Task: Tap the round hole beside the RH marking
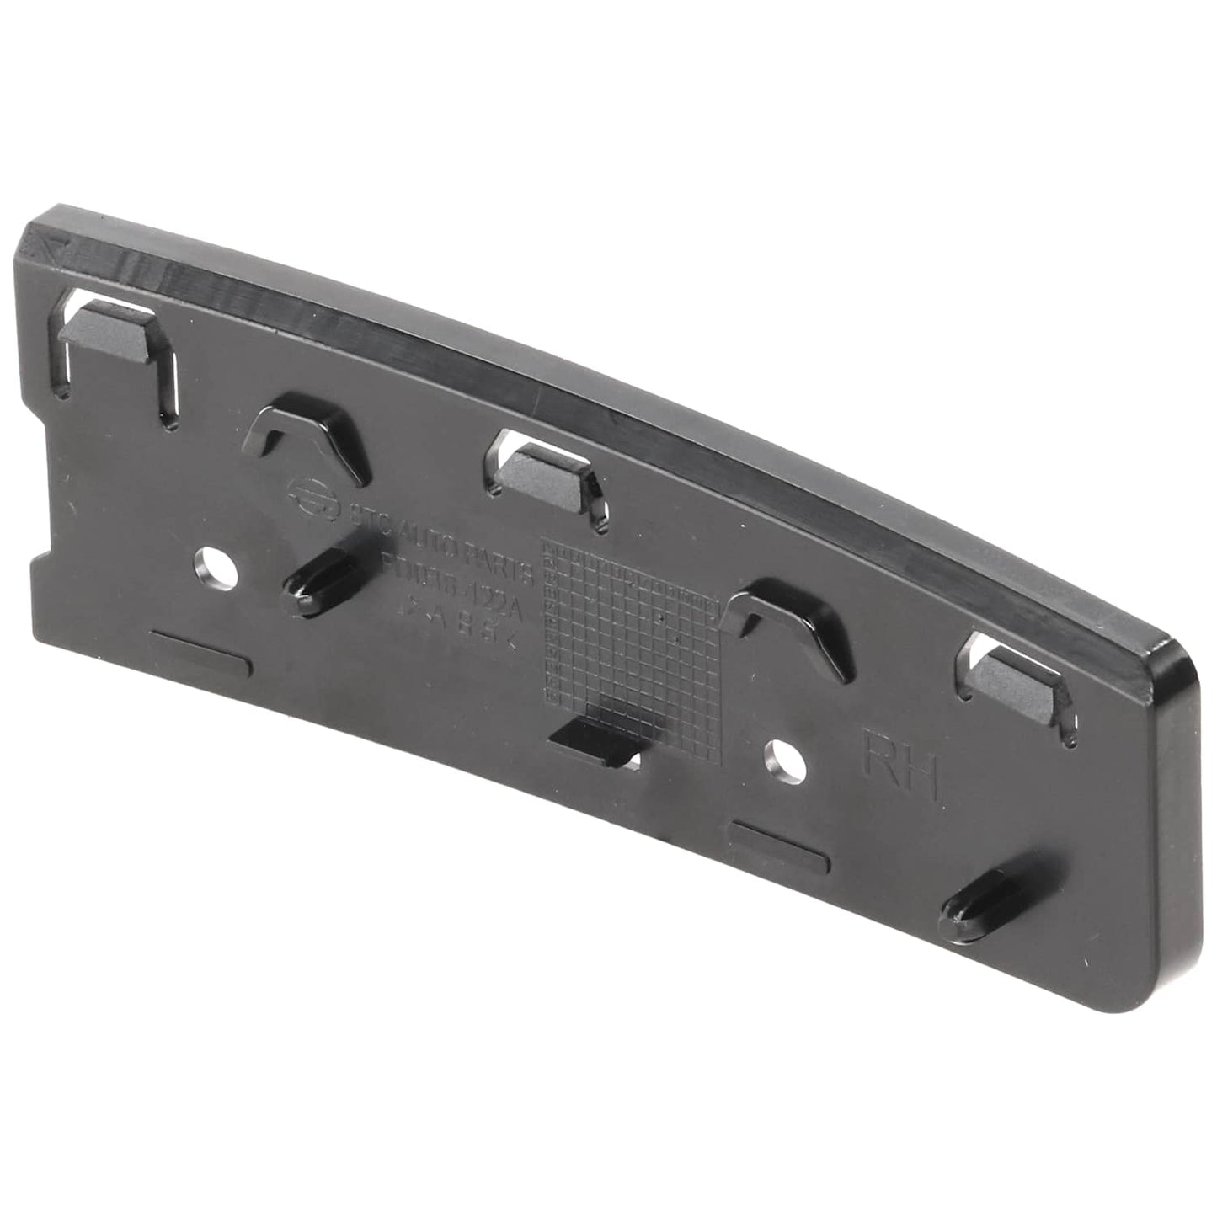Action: (x=783, y=759)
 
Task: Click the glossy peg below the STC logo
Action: (x=317, y=582)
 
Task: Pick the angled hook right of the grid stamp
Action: (x=780, y=622)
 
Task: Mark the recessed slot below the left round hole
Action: (x=200, y=649)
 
